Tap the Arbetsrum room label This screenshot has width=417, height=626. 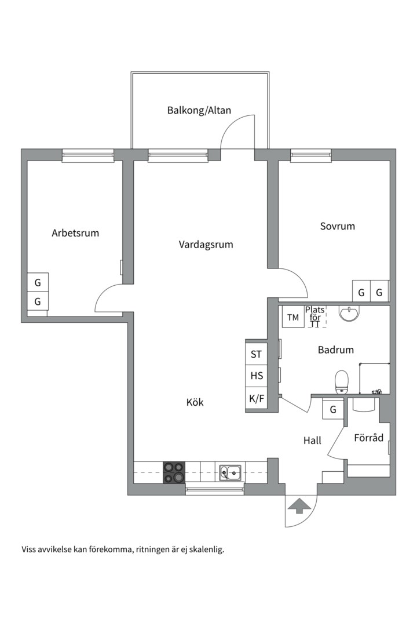point(75,233)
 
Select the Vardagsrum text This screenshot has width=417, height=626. point(206,244)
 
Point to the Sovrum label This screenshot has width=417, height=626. point(337,226)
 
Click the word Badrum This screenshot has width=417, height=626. point(335,350)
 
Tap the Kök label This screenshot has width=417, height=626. point(195,402)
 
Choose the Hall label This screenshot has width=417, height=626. point(312,441)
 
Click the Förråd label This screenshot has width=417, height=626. point(368,438)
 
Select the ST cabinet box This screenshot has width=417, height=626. point(256,354)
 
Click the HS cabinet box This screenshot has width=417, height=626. point(256,376)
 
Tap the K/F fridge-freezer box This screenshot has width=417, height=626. point(256,398)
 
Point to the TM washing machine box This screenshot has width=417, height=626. point(293,317)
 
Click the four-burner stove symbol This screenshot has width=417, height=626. point(174,472)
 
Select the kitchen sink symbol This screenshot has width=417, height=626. point(231,473)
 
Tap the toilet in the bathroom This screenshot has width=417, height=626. point(342,381)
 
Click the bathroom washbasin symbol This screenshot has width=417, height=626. point(349,314)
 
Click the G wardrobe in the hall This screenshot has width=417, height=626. point(333,410)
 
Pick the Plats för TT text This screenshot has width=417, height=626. point(315,317)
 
